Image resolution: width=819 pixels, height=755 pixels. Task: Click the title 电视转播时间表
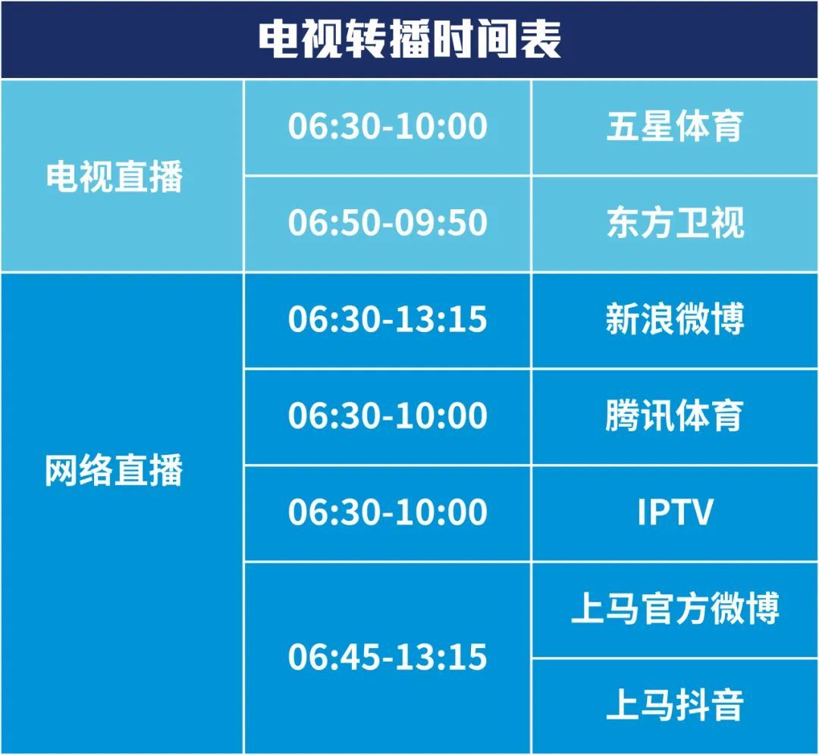(409, 39)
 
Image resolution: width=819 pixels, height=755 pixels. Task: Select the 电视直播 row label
(114, 177)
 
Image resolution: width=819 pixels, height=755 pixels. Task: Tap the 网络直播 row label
(114, 470)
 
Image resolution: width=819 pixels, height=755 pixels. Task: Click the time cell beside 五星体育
(388, 127)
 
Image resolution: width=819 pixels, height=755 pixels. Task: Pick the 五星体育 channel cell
(674, 127)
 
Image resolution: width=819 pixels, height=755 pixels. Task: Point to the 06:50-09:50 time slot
(388, 222)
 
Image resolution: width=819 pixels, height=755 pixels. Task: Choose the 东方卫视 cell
(675, 222)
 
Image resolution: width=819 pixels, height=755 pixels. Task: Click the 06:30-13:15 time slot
(388, 319)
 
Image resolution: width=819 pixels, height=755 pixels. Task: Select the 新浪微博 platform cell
(674, 319)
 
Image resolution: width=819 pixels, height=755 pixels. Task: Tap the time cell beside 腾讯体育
(388, 415)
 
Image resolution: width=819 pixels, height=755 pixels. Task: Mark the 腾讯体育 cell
(674, 415)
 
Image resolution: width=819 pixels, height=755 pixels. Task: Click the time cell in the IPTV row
(388, 512)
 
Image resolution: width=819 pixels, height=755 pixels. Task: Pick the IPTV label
(675, 512)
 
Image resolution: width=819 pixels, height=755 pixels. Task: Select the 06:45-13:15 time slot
(388, 656)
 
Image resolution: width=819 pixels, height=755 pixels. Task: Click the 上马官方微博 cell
(675, 608)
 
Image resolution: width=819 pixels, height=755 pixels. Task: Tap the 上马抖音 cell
(674, 705)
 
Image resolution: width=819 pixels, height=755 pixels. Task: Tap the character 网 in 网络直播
(61, 470)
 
